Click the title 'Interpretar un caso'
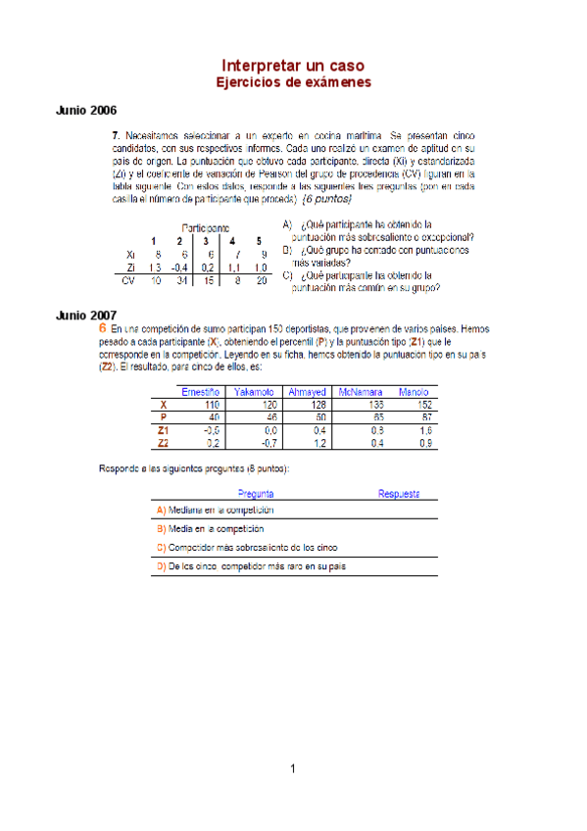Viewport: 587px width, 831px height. pyautogui.click(x=293, y=64)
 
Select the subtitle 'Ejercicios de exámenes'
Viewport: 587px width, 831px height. pyautogui.click(x=293, y=82)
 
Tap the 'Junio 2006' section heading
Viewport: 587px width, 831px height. pyautogui.click(x=87, y=111)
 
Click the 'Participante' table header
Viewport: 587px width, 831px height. pyautogui.click(x=206, y=227)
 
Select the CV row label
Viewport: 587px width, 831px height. pyautogui.click(x=127, y=280)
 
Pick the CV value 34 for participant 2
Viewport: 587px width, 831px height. pyautogui.click(x=180, y=280)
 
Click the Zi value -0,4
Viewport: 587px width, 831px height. pyautogui.click(x=179, y=267)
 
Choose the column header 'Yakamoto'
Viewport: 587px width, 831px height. pyautogui.click(x=254, y=393)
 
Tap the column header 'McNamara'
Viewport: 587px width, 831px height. pyautogui.click(x=361, y=393)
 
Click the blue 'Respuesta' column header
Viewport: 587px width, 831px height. pyautogui.click(x=399, y=495)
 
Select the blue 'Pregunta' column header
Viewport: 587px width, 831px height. pyautogui.click(x=255, y=495)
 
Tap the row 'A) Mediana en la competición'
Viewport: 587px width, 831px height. pyautogui.click(x=215, y=510)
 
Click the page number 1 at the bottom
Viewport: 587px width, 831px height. pyautogui.click(x=293, y=768)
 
